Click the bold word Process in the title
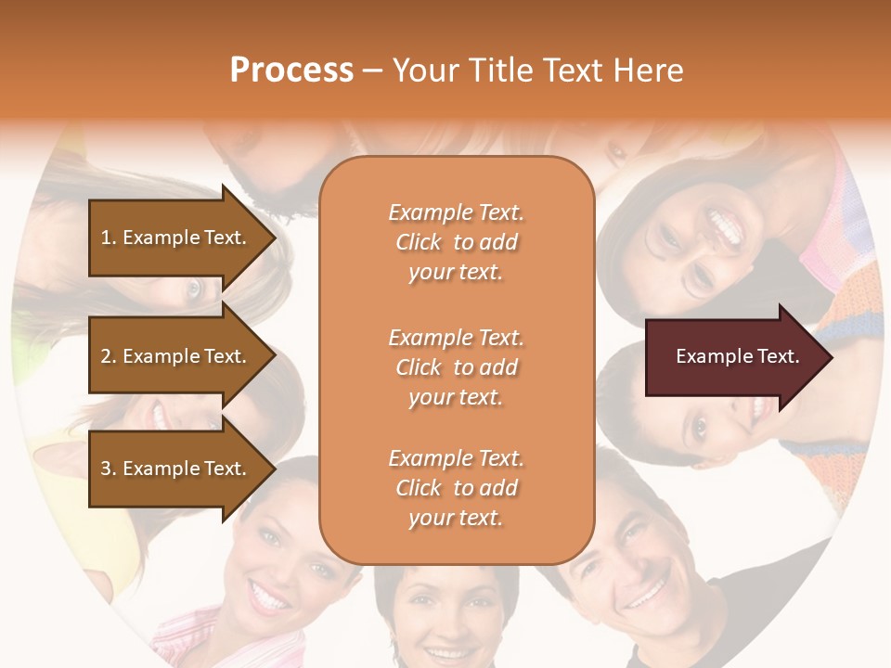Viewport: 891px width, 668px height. [291, 71]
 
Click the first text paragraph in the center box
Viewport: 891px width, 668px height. [456, 242]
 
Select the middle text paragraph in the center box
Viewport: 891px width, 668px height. [456, 367]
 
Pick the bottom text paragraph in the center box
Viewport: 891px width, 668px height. [456, 488]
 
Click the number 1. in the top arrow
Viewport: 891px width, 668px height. [108, 238]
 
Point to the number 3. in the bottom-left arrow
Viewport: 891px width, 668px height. [108, 469]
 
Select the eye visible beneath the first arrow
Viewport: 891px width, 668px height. [194, 289]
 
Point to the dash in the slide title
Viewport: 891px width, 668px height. [373, 71]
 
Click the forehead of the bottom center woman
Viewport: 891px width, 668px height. [446, 580]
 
